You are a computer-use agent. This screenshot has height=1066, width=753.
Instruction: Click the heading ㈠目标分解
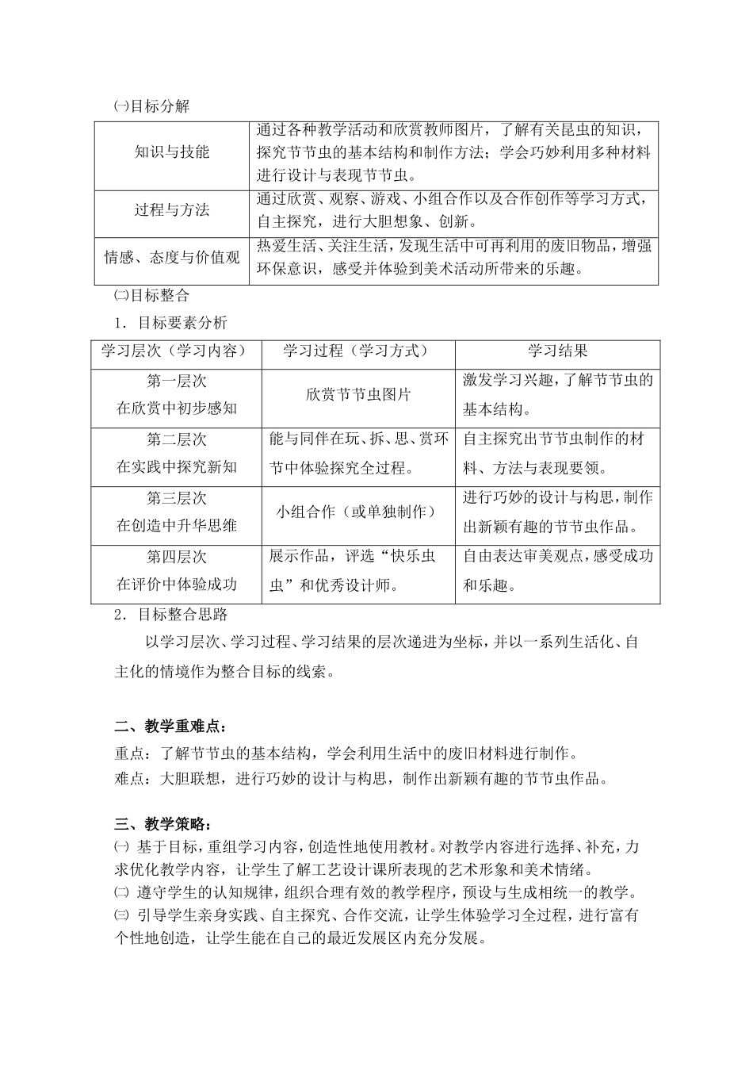pyautogui.click(x=152, y=105)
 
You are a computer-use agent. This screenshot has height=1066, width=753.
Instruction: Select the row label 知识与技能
pyautogui.click(x=172, y=151)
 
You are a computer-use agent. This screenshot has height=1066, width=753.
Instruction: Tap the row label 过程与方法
pyautogui.click(x=172, y=210)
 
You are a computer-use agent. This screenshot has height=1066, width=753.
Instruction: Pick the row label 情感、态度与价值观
pyautogui.click(x=172, y=257)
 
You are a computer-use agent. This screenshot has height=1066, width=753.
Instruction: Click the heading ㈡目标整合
pyautogui.click(x=152, y=296)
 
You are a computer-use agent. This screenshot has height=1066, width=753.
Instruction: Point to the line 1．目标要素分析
pyautogui.click(x=170, y=323)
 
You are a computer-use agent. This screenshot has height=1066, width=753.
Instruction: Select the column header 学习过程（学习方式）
pyautogui.click(x=357, y=351)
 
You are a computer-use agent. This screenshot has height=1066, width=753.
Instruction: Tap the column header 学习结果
pyautogui.click(x=558, y=351)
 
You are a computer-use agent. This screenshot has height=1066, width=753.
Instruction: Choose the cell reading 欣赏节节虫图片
pyautogui.click(x=357, y=394)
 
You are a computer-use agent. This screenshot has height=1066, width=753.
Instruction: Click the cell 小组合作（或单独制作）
pyautogui.click(x=357, y=512)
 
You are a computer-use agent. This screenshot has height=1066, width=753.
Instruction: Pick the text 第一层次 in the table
pyautogui.click(x=176, y=382)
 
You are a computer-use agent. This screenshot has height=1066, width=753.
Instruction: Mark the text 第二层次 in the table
pyautogui.click(x=176, y=440)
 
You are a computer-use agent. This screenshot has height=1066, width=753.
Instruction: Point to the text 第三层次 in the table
pyautogui.click(x=176, y=499)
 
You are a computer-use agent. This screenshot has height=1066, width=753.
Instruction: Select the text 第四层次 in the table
pyautogui.click(x=176, y=558)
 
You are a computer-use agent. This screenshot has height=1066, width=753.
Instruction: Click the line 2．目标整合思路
pyautogui.click(x=170, y=615)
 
